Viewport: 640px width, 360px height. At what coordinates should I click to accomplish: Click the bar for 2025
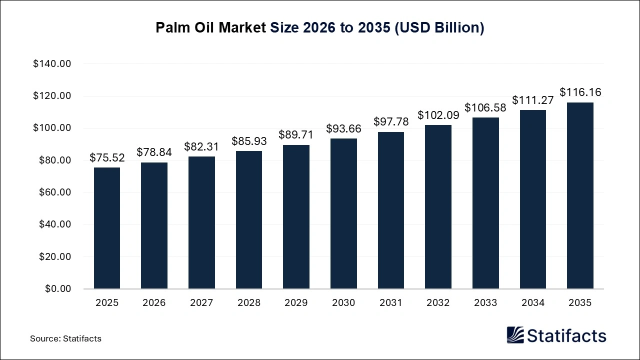(x=107, y=228)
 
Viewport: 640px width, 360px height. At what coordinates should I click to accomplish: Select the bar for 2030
(x=343, y=213)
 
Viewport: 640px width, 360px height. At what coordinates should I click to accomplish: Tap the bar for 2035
(x=580, y=195)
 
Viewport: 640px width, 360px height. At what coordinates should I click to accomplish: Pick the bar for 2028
(x=249, y=220)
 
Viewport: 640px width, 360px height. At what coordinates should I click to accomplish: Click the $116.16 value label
(x=580, y=92)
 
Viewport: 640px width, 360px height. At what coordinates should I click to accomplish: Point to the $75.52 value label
(x=107, y=158)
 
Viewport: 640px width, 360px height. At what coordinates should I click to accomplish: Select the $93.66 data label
(x=343, y=129)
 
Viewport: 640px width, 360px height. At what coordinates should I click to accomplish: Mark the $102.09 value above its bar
(x=438, y=115)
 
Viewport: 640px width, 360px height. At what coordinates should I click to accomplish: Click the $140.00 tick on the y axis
(x=52, y=64)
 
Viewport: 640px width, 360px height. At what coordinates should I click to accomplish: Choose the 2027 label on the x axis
(x=201, y=302)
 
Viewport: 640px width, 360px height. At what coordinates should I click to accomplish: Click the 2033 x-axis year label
(x=485, y=302)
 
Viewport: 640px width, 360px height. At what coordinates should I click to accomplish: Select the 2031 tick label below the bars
(x=390, y=302)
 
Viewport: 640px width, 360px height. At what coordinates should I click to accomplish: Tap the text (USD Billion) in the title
(x=439, y=28)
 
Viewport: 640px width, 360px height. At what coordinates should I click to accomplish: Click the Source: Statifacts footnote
(x=65, y=338)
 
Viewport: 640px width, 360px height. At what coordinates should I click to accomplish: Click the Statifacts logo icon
(x=515, y=335)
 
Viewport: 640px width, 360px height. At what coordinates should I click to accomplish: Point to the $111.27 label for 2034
(x=532, y=100)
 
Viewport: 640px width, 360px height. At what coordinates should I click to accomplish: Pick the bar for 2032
(x=438, y=207)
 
